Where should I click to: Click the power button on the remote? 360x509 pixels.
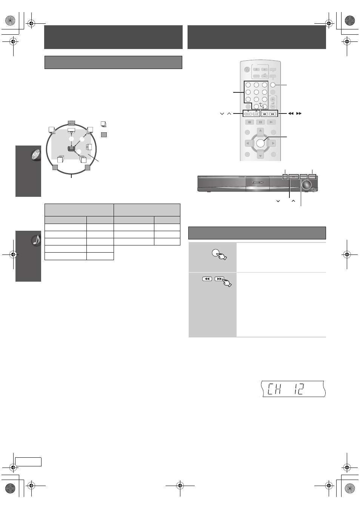point(247,70)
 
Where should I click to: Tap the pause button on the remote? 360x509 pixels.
point(260,122)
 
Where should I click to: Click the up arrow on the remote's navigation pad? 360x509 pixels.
point(260,131)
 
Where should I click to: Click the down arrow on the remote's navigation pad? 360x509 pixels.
point(260,155)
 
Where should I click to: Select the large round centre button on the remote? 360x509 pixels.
point(260,143)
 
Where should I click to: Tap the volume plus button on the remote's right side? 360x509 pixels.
point(273,99)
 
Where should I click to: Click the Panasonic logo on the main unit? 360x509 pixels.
point(257,182)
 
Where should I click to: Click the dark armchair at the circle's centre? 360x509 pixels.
point(71,149)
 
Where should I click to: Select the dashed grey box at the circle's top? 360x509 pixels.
point(71,123)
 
